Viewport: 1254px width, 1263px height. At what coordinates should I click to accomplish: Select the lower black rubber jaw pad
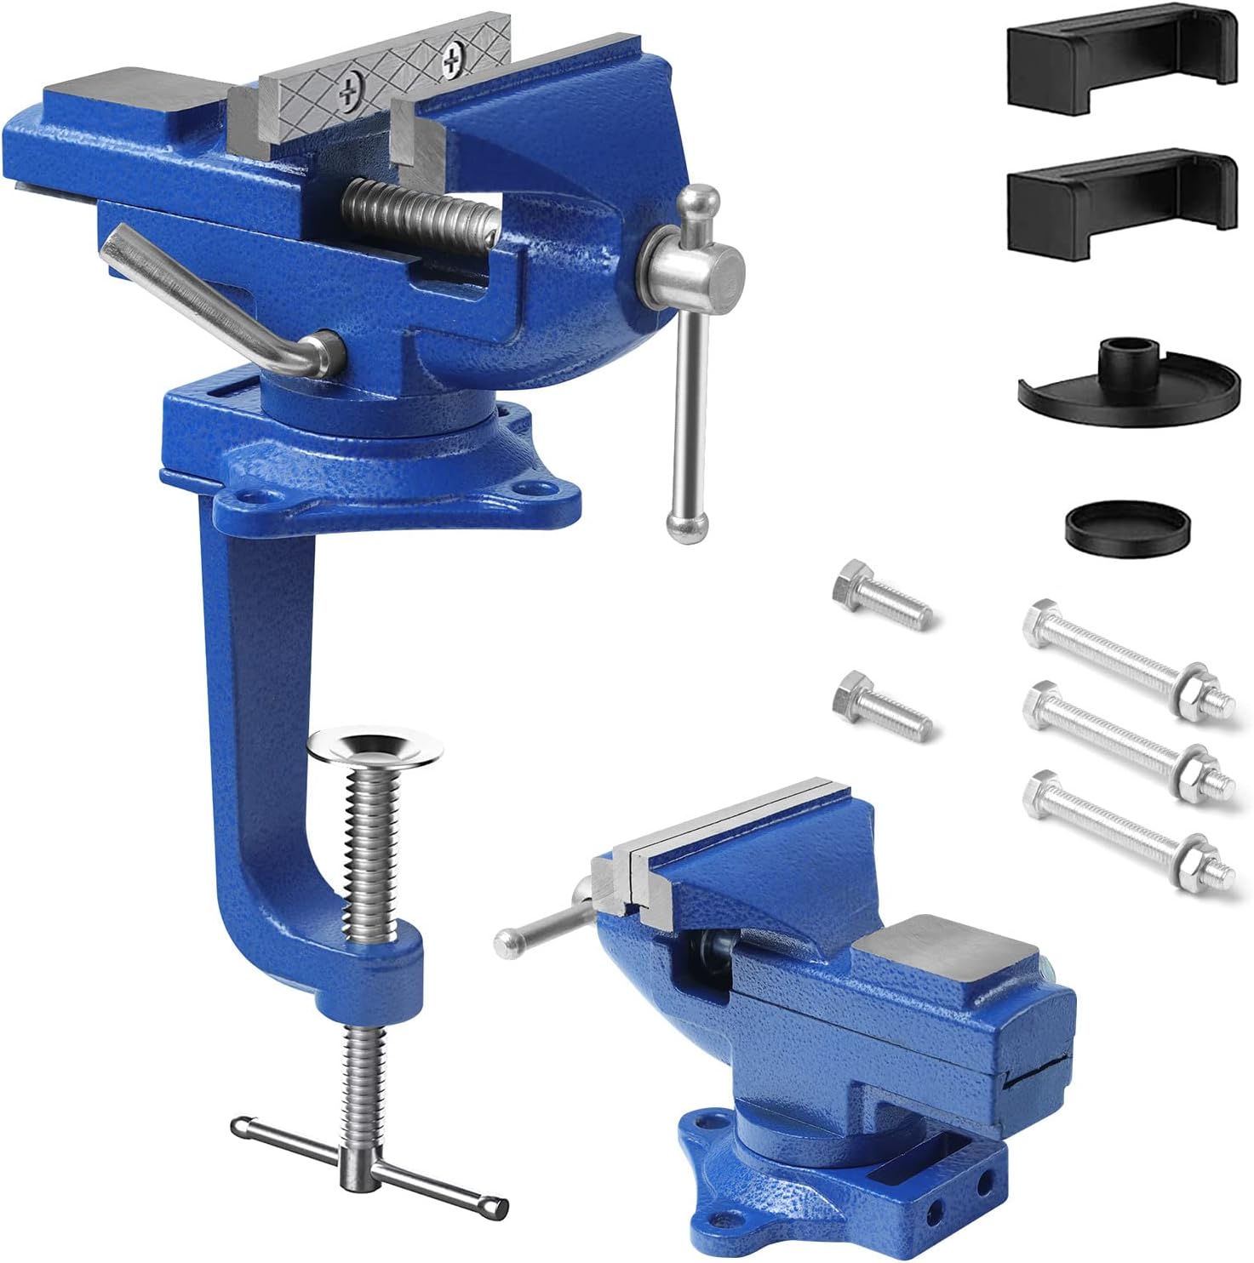(1119, 203)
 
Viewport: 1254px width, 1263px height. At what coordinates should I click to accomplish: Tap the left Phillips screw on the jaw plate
(347, 96)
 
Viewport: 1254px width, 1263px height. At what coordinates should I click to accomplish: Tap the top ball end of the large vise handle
(703, 202)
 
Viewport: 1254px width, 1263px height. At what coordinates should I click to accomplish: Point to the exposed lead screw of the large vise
(417, 213)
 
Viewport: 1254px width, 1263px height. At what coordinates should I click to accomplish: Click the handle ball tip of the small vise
(507, 940)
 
